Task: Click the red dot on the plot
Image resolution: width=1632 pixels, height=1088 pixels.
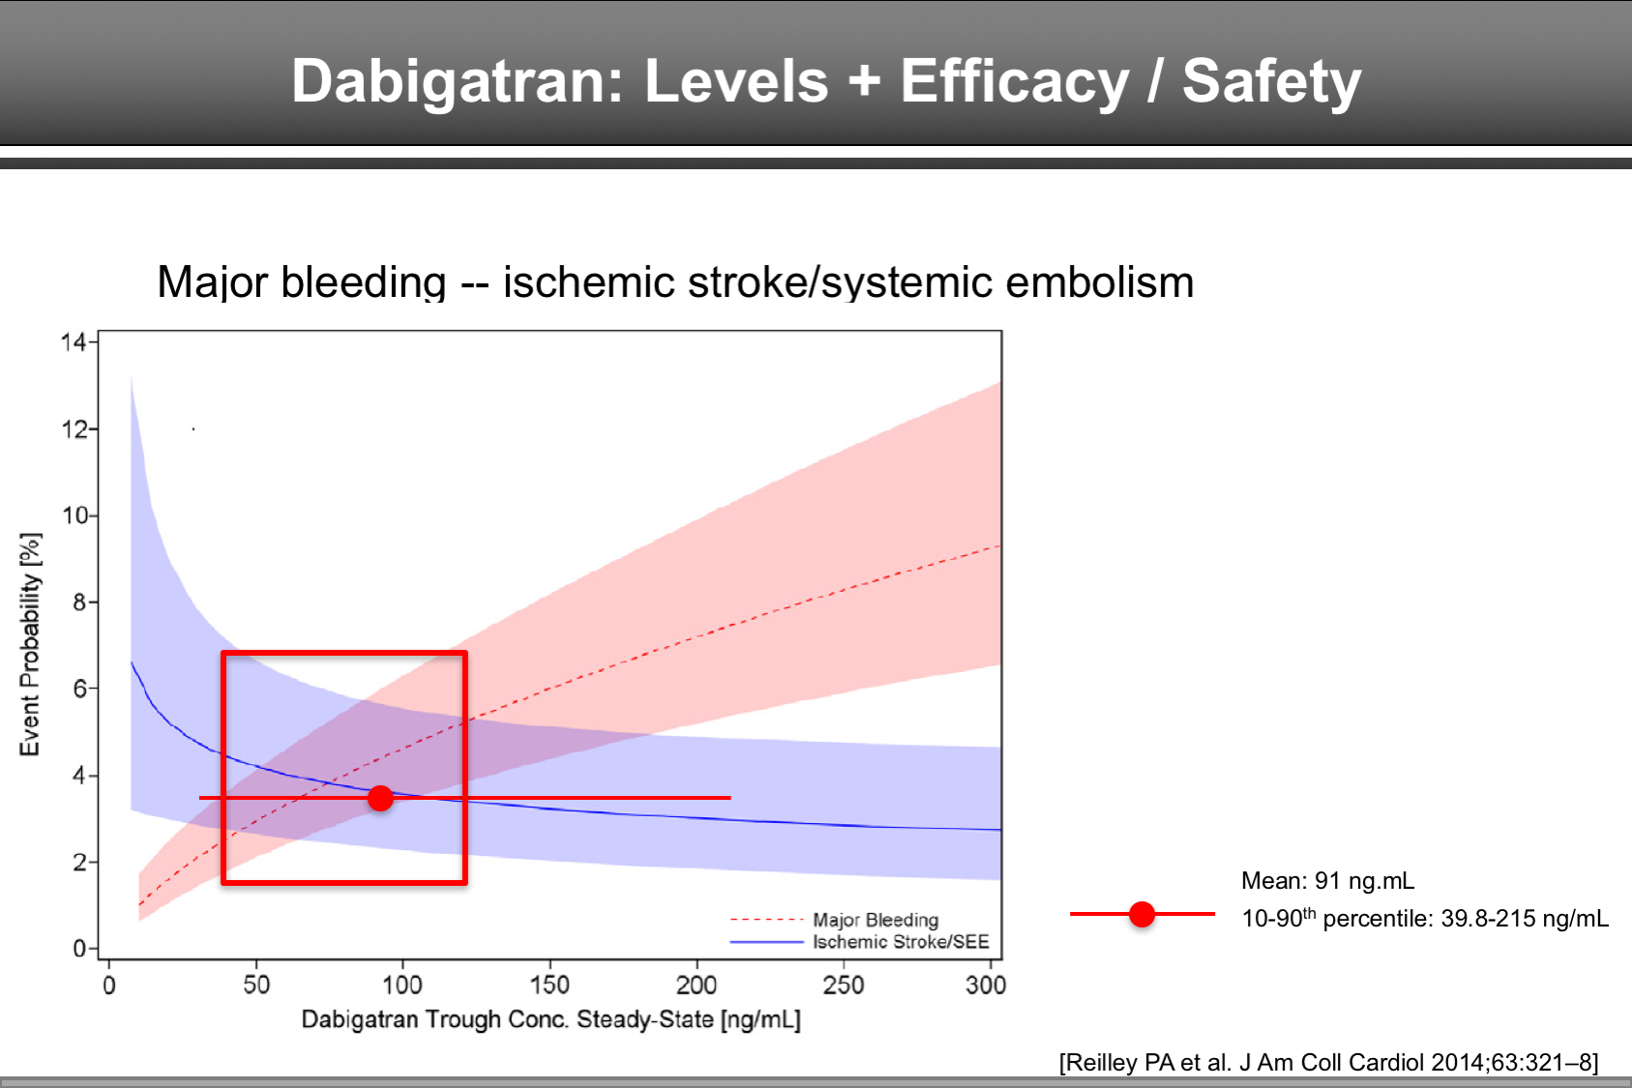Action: pyautogui.click(x=380, y=798)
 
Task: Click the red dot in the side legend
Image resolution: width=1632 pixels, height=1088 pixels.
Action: pyautogui.click(x=1142, y=914)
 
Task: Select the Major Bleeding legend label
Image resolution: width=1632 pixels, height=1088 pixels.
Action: pyautogui.click(x=875, y=920)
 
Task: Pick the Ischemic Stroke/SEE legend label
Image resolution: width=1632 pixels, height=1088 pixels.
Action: pyautogui.click(x=900, y=942)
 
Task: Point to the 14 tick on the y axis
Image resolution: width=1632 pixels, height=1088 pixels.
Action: pyautogui.click(x=74, y=341)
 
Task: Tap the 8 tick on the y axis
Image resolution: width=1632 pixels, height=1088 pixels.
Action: pyautogui.click(x=79, y=603)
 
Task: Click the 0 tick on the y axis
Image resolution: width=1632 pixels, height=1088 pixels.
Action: pyautogui.click(x=79, y=949)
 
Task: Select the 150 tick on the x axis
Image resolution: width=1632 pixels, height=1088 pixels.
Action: pyautogui.click(x=549, y=985)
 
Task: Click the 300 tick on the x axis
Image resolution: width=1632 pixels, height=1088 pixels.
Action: pyautogui.click(x=985, y=985)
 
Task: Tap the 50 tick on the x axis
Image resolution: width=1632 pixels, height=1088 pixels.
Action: pyautogui.click(x=256, y=985)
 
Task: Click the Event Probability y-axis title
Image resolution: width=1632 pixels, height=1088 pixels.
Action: pyautogui.click(x=31, y=643)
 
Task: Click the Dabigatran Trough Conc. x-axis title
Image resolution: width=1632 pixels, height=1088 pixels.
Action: pyautogui.click(x=550, y=1019)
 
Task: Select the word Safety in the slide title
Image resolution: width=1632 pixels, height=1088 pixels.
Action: pyautogui.click(x=1271, y=80)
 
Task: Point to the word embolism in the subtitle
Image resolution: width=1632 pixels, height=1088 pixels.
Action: pyautogui.click(x=1099, y=282)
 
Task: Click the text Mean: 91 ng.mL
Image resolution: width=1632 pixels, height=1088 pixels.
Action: pyautogui.click(x=1327, y=881)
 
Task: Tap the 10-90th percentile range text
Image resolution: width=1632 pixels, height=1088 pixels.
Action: pyautogui.click(x=1425, y=918)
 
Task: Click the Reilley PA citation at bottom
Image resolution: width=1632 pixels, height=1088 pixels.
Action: pyautogui.click(x=1328, y=1062)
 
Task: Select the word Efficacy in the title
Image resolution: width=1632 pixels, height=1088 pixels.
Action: pyautogui.click(x=1014, y=80)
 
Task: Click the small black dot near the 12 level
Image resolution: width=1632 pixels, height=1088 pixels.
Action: pyautogui.click(x=193, y=428)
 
